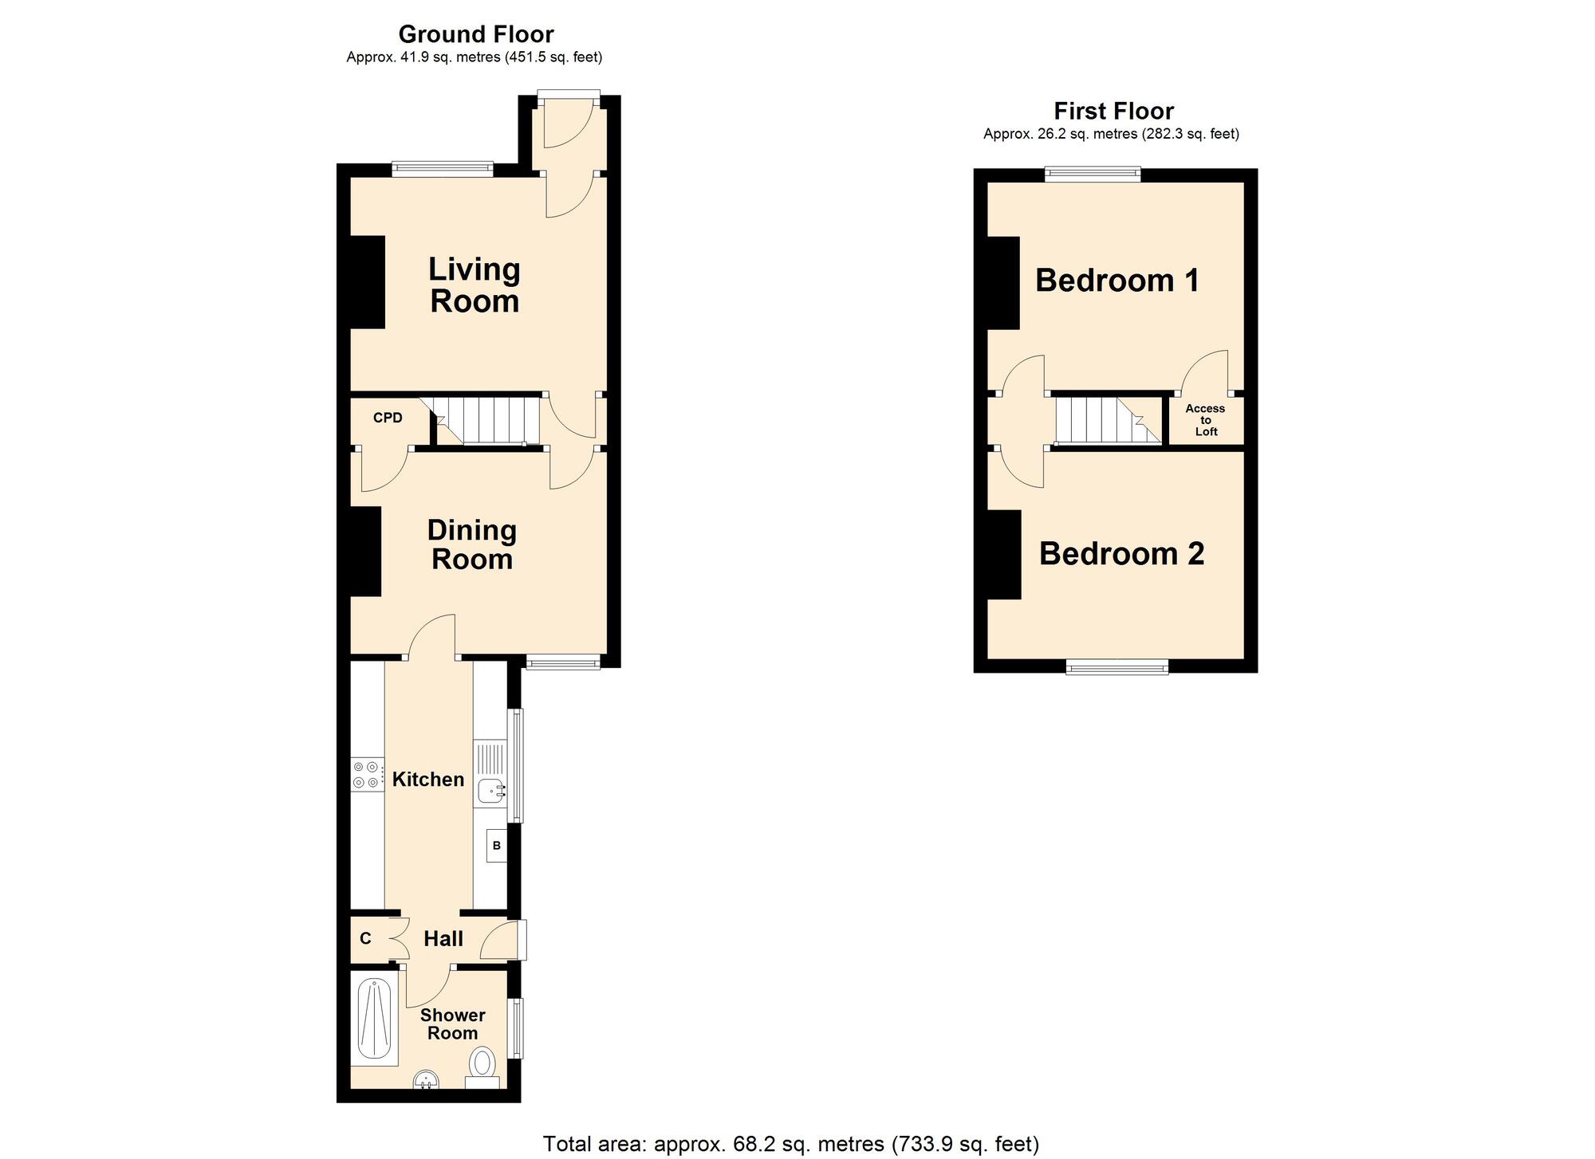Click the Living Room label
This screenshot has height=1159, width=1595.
pos(475,285)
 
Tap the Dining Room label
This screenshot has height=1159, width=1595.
pos(472,544)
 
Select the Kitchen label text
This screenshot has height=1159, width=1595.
pos(428,780)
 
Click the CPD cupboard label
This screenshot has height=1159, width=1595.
pos(388,418)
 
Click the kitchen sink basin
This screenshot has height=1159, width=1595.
pos(490,792)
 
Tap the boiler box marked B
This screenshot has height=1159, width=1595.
pos(496,846)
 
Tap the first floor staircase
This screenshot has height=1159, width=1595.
pos(1107,420)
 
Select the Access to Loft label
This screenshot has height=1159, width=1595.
pos(1205,420)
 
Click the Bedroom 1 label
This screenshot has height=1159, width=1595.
pos(1116,281)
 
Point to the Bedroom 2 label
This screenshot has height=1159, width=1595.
pos(1121,554)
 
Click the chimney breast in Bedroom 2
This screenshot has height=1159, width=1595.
pos(1005,555)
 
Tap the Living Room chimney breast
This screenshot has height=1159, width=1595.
pos(368,282)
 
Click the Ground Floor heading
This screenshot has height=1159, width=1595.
pos(475,34)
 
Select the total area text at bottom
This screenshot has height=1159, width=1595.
pos(790,1144)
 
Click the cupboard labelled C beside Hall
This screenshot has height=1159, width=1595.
pos(365,938)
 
